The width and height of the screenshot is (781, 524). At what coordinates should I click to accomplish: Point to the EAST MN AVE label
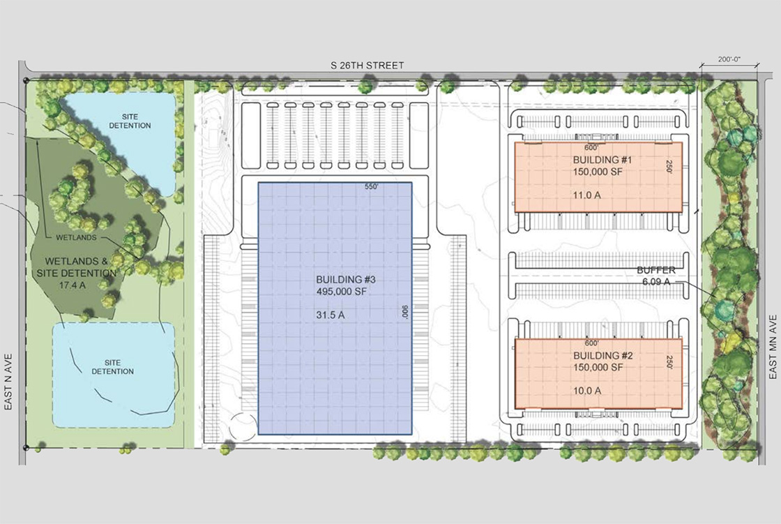coord(773,347)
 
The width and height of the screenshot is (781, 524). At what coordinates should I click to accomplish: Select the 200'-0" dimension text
coord(729,59)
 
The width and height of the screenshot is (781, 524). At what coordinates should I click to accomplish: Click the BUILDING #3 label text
coord(346,279)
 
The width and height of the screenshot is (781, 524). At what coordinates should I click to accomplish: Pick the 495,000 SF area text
coord(341,292)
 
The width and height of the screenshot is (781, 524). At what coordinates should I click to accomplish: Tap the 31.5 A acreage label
coord(331,315)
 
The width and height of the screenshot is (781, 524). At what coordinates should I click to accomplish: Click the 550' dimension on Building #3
coord(372,187)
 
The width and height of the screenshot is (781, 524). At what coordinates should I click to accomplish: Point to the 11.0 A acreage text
coord(586,195)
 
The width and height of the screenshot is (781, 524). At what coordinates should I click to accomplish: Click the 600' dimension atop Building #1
coord(591,148)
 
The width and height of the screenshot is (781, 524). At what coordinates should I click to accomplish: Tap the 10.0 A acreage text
coord(586,390)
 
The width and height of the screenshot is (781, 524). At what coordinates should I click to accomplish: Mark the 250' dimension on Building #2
coord(669,362)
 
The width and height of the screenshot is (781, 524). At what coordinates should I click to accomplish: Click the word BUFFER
coord(656,270)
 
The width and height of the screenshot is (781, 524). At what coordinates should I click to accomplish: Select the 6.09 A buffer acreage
coord(656,282)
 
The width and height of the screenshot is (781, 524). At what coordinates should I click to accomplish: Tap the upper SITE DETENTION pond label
coord(130,121)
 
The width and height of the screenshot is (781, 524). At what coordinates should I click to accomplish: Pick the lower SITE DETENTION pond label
coord(112,367)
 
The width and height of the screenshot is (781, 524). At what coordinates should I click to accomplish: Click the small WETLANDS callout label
coord(76,238)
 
